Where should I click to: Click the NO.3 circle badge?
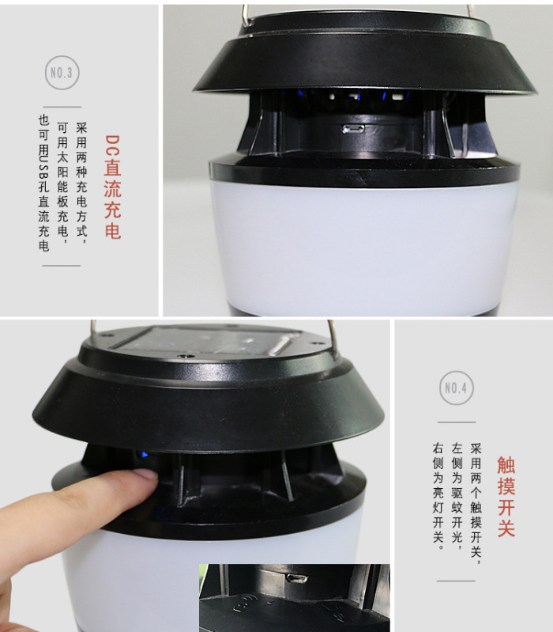click(x=62, y=73)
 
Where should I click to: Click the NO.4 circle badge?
click(x=457, y=388)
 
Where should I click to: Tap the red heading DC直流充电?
click(x=112, y=187)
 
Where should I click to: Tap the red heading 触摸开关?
click(x=506, y=497)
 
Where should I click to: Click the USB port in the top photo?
click(x=353, y=129)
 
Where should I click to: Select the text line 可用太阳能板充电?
click(x=62, y=183)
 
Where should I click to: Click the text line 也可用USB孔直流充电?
click(x=44, y=183)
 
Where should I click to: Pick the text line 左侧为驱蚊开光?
click(x=457, y=497)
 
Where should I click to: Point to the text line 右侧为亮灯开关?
click(x=438, y=497)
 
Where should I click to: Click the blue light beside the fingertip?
click(x=141, y=455)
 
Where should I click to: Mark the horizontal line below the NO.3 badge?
click(x=62, y=107)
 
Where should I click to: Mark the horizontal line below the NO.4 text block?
click(x=456, y=581)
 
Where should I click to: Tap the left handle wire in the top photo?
click(x=246, y=16)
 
